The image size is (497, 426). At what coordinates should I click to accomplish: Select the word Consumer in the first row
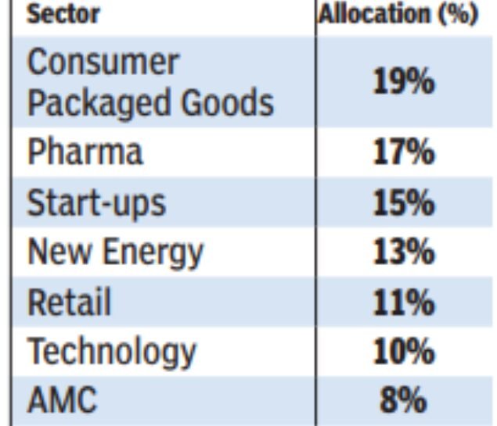click(103, 63)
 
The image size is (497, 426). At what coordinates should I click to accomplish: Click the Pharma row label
click(85, 152)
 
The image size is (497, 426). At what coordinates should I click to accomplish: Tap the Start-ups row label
click(96, 202)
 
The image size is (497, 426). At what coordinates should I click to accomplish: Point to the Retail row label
click(69, 302)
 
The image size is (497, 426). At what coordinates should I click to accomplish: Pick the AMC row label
click(63, 401)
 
